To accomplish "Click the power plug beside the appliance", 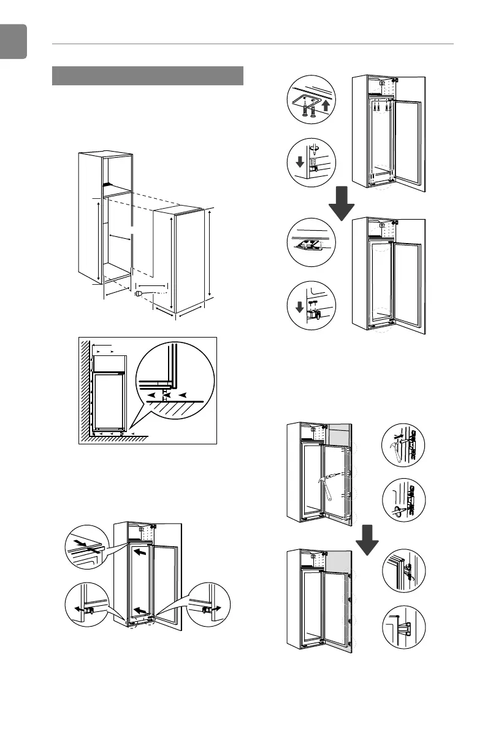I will (139, 294).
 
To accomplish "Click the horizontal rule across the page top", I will (253, 44).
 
